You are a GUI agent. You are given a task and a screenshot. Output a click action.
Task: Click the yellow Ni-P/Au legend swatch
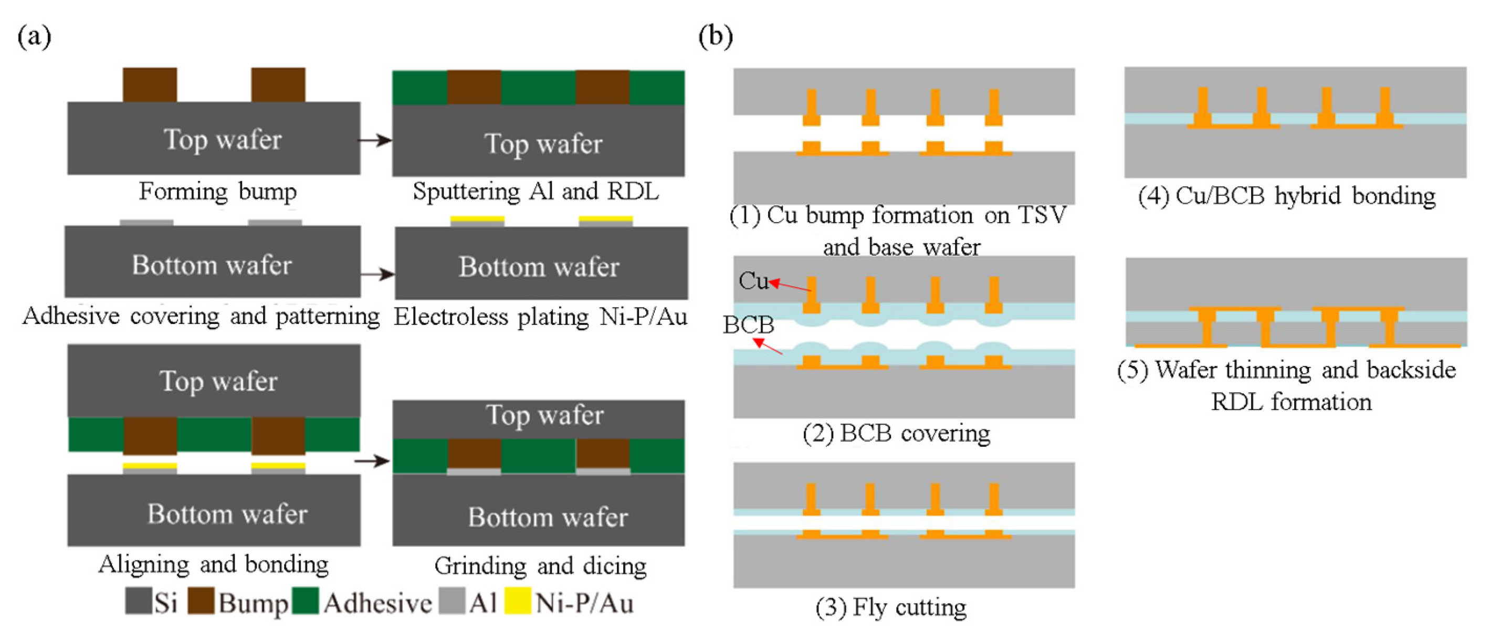tap(517, 601)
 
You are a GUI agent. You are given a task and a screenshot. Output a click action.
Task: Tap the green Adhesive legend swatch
tap(306, 601)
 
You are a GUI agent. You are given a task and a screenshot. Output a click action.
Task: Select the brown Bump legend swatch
tap(201, 601)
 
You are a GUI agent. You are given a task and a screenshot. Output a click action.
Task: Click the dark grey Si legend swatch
tap(138, 601)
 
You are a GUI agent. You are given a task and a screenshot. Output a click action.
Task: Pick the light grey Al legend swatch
tap(452, 601)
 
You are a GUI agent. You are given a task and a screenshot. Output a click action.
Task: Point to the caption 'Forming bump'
tap(217, 191)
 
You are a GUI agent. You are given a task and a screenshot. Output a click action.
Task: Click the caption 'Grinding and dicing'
tap(540, 565)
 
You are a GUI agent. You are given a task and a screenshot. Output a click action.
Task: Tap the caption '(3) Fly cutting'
tap(891, 607)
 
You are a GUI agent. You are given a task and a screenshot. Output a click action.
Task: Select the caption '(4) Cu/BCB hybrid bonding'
tap(1286, 195)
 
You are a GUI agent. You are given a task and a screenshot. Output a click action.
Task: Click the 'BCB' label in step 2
tap(748, 324)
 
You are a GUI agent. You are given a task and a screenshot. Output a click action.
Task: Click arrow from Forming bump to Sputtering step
tap(375, 140)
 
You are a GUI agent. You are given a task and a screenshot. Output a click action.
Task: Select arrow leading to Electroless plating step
tap(377, 274)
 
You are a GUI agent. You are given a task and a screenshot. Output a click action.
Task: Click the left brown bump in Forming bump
tap(150, 85)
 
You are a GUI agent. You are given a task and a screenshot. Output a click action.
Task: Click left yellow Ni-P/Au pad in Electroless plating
tap(477, 219)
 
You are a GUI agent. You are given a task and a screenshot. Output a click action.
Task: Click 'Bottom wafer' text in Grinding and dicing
tap(547, 517)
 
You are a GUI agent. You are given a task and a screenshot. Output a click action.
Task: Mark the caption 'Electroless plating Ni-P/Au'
tap(540, 317)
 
